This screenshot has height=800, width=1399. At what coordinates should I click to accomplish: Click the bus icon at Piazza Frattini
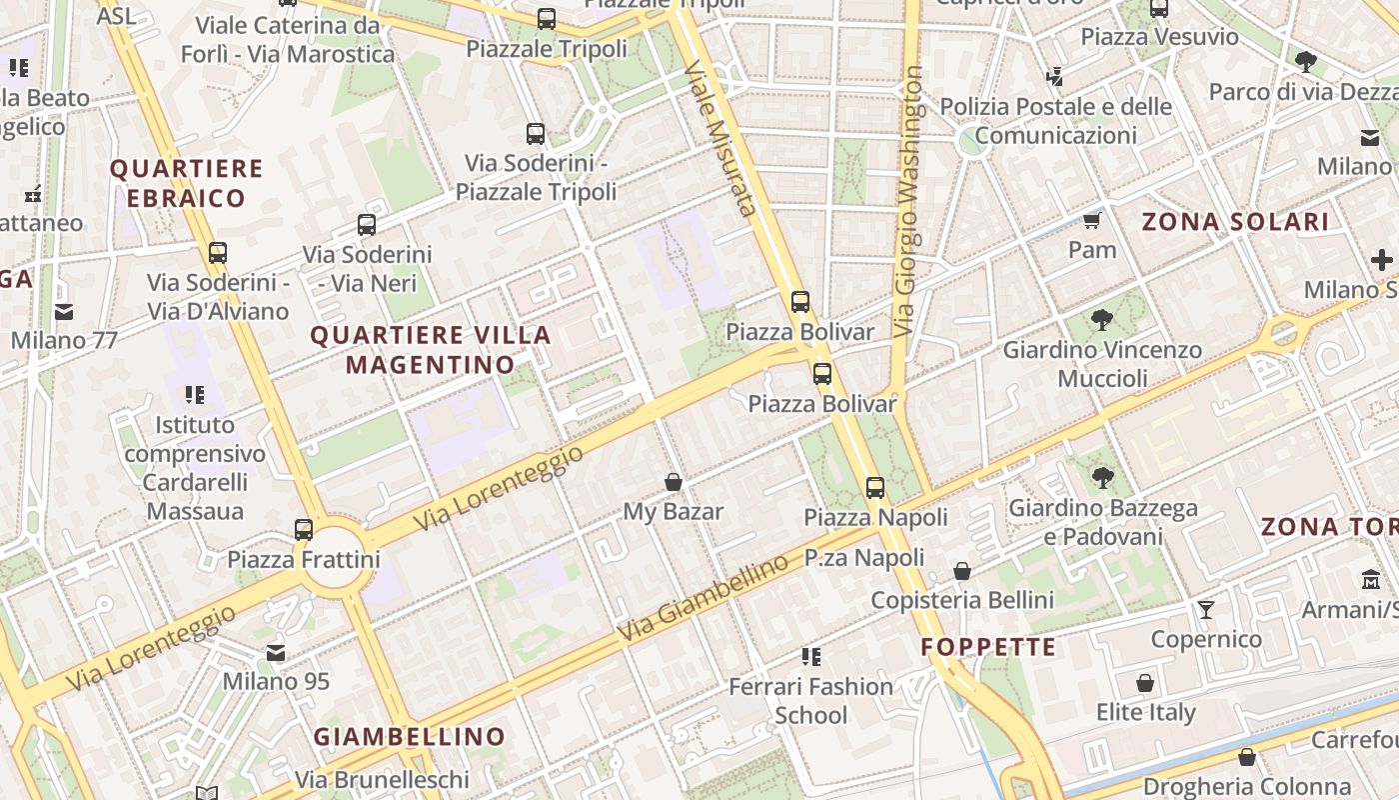(x=304, y=530)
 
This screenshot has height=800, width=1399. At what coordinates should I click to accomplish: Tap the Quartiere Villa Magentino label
(x=431, y=350)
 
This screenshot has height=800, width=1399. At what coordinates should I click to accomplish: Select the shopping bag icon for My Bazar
(x=674, y=483)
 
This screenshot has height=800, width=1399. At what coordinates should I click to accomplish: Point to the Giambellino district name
(x=410, y=737)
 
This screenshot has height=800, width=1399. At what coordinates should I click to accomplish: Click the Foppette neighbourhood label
(x=988, y=647)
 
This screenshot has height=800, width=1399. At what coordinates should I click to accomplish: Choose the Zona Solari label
(x=1235, y=222)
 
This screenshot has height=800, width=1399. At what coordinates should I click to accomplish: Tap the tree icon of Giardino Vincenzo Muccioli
(x=1102, y=321)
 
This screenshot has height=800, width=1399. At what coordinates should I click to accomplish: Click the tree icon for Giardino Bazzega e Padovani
(x=1102, y=478)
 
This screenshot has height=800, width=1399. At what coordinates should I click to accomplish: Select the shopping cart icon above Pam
(x=1092, y=220)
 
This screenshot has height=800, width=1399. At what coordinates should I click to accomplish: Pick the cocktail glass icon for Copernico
(x=1206, y=609)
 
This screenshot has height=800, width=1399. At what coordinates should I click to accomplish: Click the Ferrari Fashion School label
(x=810, y=700)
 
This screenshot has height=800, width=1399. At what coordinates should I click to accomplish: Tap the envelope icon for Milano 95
(x=276, y=653)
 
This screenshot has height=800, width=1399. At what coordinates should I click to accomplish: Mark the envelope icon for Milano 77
(x=64, y=311)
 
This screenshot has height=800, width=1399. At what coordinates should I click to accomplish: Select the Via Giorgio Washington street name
(x=909, y=200)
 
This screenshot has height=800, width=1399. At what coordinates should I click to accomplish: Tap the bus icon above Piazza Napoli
(x=875, y=488)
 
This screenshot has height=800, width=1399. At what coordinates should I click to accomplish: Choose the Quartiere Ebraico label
(x=186, y=183)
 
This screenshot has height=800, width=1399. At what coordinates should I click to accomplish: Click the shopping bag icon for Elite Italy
(x=1145, y=684)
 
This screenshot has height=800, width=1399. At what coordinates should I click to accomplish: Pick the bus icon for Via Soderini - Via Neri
(x=367, y=225)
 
